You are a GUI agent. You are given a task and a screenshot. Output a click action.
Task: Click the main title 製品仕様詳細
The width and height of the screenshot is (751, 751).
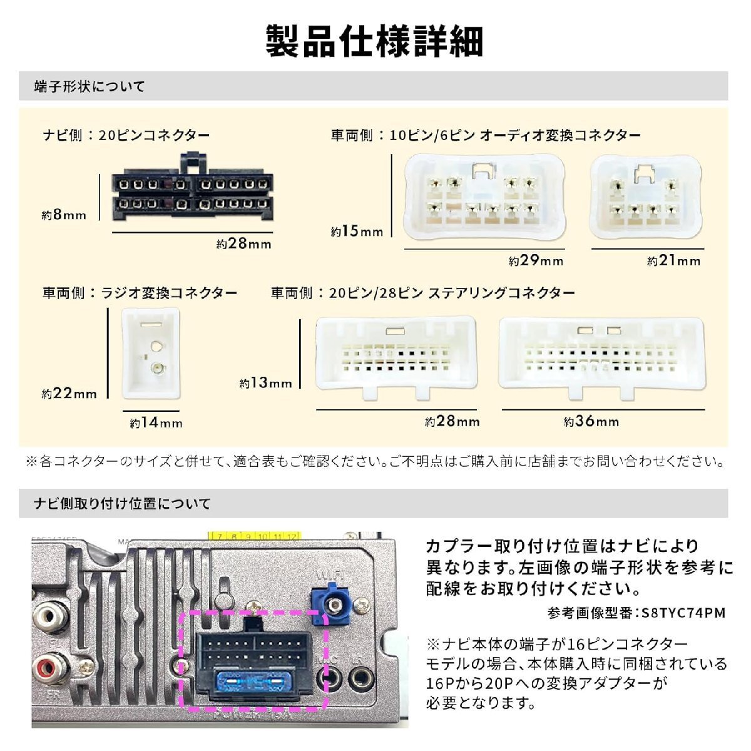[374, 42]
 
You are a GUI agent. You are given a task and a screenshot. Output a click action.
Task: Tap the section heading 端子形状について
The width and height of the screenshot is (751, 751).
[89, 86]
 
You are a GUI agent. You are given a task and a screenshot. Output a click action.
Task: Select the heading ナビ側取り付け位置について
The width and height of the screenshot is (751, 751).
[122, 503]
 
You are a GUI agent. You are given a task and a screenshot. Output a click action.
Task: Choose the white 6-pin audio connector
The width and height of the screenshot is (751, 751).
[645, 197]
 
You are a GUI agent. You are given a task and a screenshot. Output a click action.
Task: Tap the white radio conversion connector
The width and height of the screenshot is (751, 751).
[151, 354]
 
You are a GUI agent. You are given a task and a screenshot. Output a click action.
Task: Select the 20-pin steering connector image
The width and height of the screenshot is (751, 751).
[396, 357]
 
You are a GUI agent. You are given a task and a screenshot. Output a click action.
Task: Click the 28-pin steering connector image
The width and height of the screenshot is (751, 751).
[601, 357]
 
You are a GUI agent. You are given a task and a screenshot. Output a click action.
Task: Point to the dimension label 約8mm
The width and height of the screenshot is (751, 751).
[64, 215]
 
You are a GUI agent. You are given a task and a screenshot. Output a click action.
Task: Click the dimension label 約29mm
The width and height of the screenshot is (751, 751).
[536, 261]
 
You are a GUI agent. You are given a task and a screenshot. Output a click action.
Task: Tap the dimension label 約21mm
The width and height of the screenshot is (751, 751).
[674, 261]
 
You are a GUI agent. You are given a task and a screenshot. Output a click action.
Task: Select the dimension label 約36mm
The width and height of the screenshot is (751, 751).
[591, 422]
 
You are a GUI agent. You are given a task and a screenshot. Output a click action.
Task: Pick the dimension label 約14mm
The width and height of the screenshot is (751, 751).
[156, 423]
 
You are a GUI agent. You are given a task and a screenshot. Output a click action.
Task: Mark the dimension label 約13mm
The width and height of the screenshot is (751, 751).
[266, 383]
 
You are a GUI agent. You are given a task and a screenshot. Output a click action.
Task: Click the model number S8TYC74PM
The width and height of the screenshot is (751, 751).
[683, 613]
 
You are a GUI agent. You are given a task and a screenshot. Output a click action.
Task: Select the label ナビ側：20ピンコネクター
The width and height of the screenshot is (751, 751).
[126, 135]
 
